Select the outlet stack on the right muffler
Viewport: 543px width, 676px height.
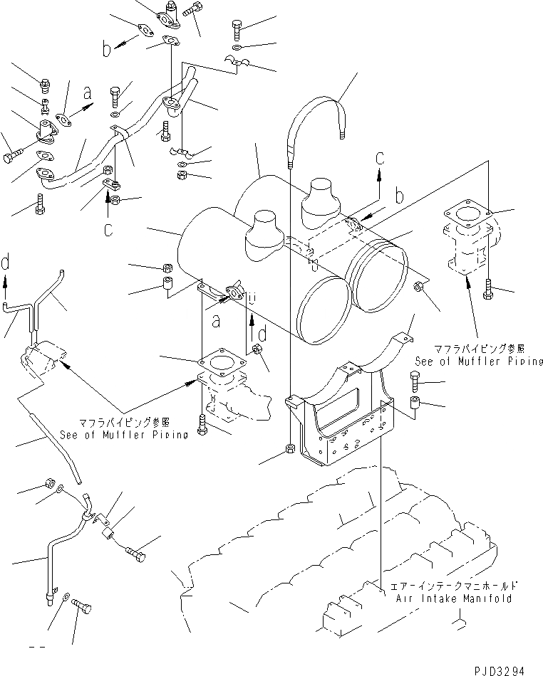point(321,199)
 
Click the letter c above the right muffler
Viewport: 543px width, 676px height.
point(381,156)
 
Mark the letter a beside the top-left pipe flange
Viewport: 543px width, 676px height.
point(88,93)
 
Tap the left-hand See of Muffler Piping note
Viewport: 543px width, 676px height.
point(124,429)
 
